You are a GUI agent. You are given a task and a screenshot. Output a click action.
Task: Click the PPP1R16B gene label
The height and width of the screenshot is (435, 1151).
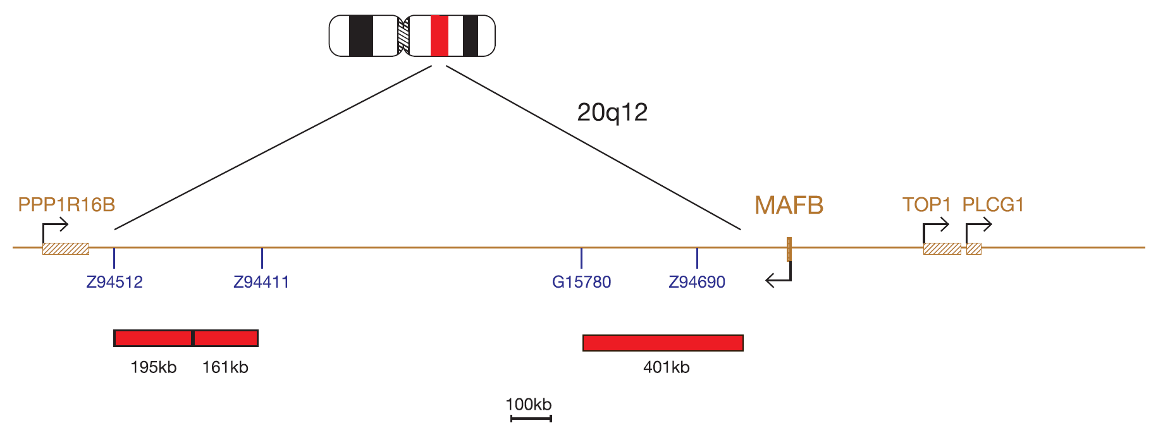tap(66, 205)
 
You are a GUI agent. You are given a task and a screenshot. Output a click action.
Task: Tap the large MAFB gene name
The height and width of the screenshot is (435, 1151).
tap(789, 205)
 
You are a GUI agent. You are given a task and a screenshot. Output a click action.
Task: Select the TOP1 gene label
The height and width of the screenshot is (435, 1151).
tap(926, 205)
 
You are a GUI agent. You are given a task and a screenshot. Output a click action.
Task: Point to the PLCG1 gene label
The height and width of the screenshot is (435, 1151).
tap(993, 205)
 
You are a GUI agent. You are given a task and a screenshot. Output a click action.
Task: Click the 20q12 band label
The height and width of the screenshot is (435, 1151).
tap(612, 113)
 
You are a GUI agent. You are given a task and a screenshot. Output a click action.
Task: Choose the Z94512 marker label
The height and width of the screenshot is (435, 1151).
tap(114, 282)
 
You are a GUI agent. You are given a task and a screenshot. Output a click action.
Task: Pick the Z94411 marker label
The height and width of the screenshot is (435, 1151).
tap(261, 282)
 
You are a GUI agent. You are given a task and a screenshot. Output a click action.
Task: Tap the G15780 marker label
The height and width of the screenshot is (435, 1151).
tap(581, 282)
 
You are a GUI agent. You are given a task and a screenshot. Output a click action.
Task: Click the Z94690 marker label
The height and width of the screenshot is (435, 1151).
tap(697, 282)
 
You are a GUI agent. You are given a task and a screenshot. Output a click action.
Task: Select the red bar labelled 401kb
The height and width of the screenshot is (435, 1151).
tap(663, 343)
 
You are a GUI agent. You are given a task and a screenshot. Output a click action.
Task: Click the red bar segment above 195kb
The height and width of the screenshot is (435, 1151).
tap(153, 338)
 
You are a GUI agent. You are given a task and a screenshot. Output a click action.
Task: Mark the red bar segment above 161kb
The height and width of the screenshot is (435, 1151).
tap(226, 338)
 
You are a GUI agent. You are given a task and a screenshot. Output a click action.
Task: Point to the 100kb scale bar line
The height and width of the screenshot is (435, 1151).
tap(531, 418)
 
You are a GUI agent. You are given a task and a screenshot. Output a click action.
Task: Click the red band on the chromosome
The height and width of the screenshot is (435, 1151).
tap(440, 36)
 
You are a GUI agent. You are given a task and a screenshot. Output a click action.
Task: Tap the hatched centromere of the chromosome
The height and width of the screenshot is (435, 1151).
tap(403, 36)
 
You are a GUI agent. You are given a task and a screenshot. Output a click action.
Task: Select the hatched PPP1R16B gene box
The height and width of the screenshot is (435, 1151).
tap(66, 248)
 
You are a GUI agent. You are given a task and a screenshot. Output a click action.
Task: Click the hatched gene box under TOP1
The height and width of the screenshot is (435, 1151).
tap(942, 248)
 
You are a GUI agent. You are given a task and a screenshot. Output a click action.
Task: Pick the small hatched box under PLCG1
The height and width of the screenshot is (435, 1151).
tap(974, 248)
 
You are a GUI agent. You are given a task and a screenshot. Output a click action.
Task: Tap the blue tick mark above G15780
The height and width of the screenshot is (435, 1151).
tap(581, 258)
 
